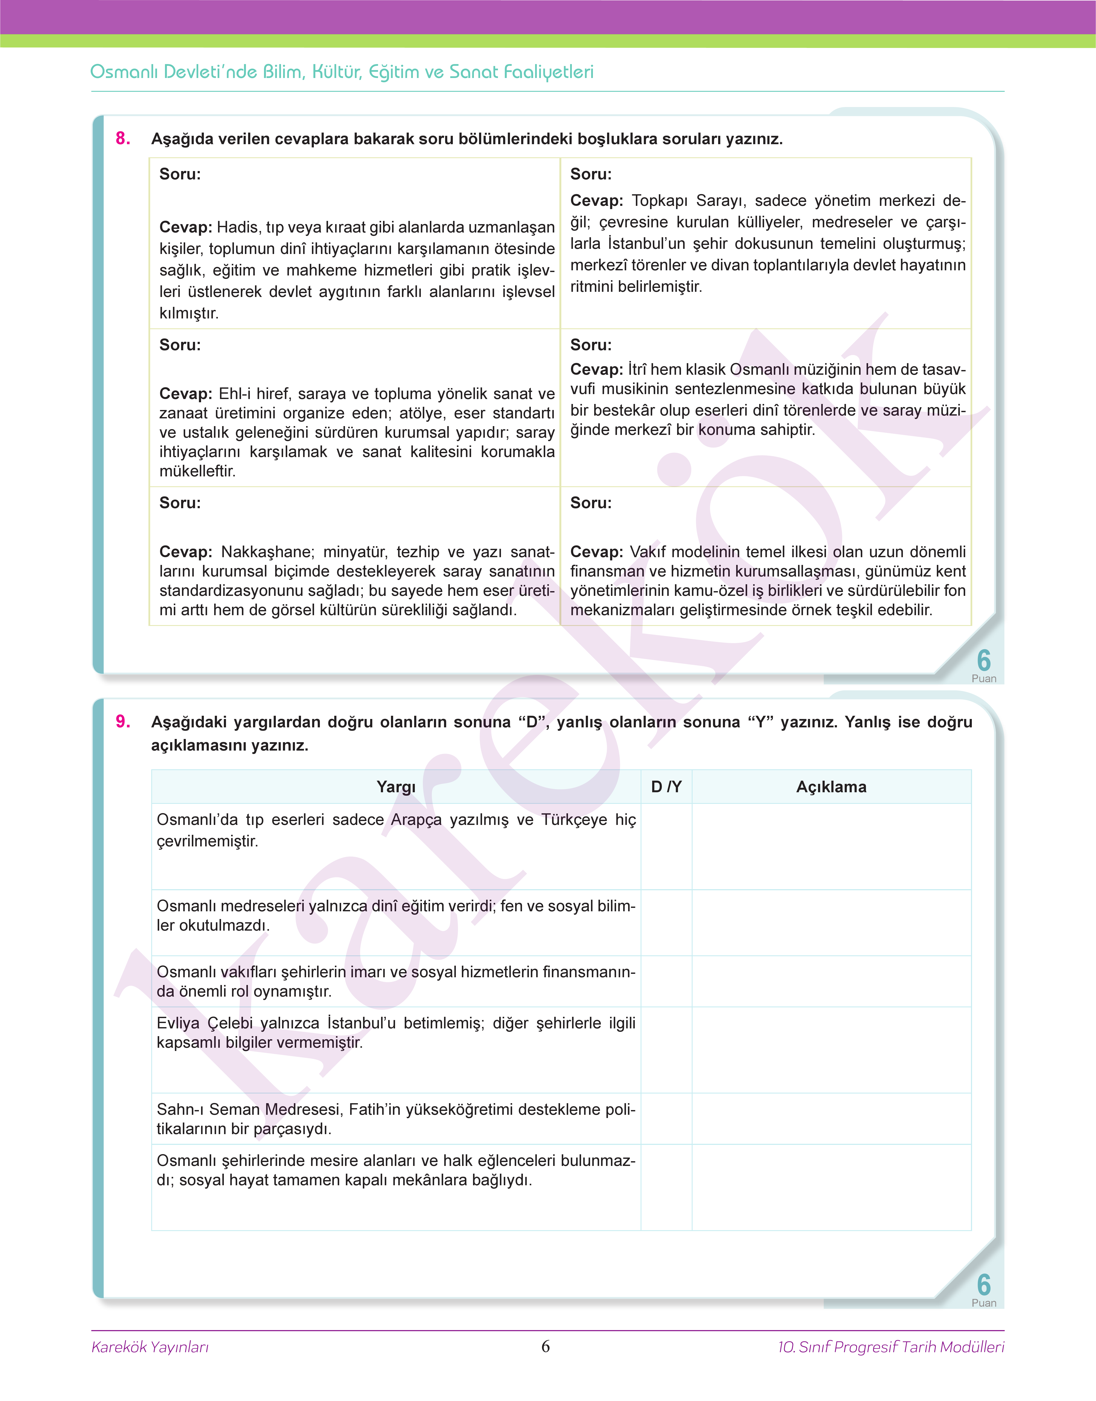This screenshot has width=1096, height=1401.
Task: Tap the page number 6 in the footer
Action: tap(545, 1346)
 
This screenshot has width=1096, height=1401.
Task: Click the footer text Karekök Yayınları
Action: tap(150, 1346)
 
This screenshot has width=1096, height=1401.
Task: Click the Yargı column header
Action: tap(396, 787)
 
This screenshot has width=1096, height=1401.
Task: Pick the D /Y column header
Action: tap(666, 787)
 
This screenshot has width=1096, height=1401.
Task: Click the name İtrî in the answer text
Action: tap(637, 370)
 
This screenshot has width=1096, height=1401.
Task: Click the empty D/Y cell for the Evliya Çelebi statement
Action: tap(666, 1050)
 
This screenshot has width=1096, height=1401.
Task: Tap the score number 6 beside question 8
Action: tap(983, 660)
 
